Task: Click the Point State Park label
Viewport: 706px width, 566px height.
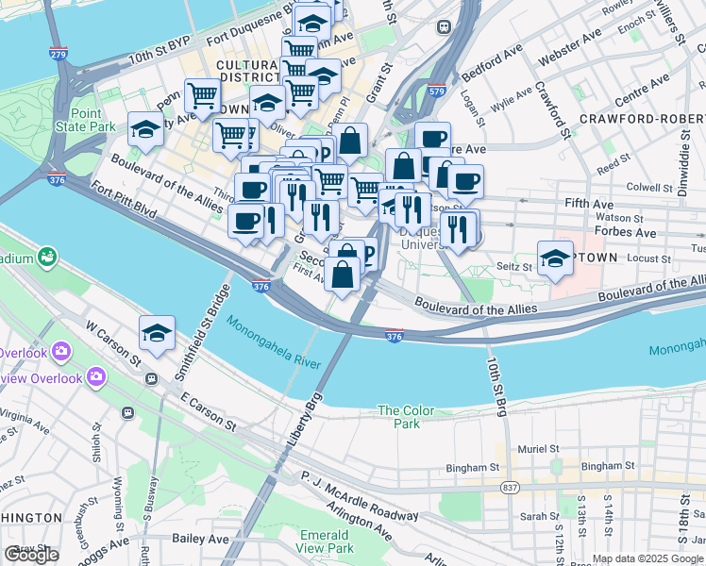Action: point(85,120)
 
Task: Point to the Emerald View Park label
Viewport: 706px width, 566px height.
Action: point(326,541)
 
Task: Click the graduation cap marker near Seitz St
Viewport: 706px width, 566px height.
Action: point(556,258)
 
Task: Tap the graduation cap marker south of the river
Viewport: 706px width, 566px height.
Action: point(157,331)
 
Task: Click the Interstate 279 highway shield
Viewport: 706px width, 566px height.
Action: point(59,54)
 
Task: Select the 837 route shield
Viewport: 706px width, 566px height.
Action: point(511,487)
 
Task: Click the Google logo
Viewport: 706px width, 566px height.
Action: point(31,555)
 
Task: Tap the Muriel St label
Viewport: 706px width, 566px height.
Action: point(539,449)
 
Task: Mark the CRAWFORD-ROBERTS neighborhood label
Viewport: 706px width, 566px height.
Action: point(642,119)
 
